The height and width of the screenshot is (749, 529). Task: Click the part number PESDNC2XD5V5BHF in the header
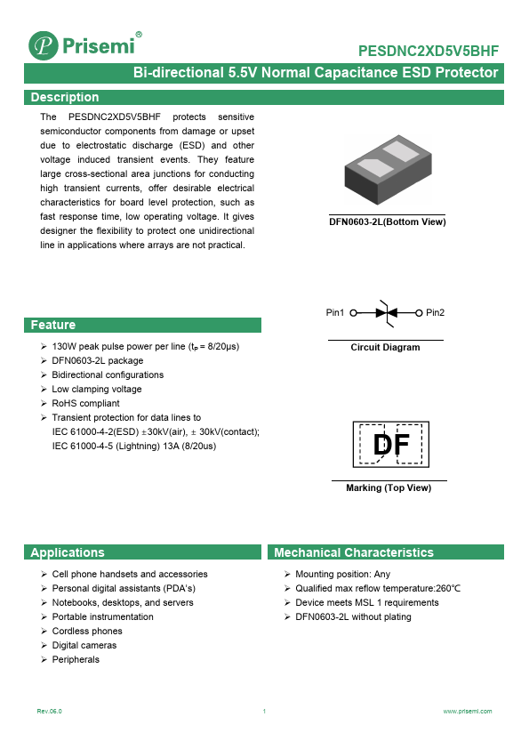pyautogui.click(x=428, y=52)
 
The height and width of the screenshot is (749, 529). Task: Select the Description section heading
pyautogui.click(x=64, y=97)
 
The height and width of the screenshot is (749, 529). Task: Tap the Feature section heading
pyautogui.click(x=52, y=325)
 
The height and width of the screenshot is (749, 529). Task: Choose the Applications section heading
pyautogui.click(x=67, y=552)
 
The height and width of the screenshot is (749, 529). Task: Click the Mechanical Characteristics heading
pyautogui.click(x=353, y=552)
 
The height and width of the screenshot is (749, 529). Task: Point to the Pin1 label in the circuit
pyautogui.click(x=335, y=312)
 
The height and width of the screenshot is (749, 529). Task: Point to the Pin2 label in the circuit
pyautogui.click(x=435, y=312)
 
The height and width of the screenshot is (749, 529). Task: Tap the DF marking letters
pyautogui.click(x=389, y=445)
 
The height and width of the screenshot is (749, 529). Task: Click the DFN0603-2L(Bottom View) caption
pyautogui.click(x=387, y=221)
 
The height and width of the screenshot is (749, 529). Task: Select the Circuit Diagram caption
pyautogui.click(x=385, y=347)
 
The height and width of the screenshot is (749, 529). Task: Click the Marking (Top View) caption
pyautogui.click(x=388, y=487)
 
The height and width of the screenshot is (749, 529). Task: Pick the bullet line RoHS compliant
pyautogui.click(x=85, y=403)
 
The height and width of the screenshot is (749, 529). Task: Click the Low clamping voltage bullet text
pyautogui.click(x=96, y=389)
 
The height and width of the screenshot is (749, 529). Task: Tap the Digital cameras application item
pyautogui.click(x=84, y=645)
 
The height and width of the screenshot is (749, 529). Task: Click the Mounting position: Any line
pyautogui.click(x=342, y=574)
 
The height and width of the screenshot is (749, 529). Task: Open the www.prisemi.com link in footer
pyautogui.click(x=467, y=712)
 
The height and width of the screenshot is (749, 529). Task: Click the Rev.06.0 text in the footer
pyautogui.click(x=50, y=712)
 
